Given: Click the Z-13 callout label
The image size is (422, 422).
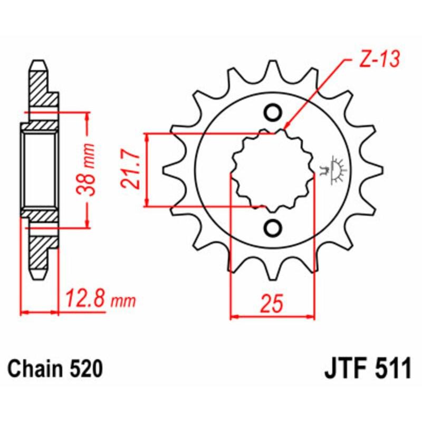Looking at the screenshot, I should tap(376, 61).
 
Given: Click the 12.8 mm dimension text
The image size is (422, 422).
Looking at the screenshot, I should tap(100, 300).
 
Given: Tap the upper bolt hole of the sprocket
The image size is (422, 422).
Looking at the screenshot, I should tap(273, 112).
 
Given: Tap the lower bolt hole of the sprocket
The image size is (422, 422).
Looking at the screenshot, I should tap(273, 227).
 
